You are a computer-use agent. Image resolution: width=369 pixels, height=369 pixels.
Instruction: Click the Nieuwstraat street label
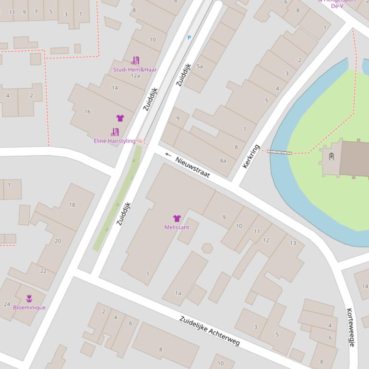192,167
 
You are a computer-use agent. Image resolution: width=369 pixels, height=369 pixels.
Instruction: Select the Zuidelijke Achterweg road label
210,331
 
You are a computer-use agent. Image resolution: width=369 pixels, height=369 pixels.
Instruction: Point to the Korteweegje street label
350,327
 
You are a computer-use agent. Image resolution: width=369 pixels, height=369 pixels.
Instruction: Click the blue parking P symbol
189,37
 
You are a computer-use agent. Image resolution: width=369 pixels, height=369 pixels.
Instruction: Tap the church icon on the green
331,156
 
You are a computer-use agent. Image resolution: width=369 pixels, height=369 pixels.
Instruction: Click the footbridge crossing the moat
279,152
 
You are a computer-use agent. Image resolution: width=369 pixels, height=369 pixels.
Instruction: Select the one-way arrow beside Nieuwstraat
168,154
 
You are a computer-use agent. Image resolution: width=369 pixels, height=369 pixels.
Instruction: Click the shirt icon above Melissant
177,219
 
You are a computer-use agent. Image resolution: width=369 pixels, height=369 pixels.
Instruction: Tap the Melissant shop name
177,227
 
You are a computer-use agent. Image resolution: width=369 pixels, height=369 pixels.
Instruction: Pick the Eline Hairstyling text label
115,141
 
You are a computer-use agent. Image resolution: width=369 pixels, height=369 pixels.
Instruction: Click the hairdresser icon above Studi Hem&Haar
135,61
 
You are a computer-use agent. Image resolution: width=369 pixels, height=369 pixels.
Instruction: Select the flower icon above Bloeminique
29,299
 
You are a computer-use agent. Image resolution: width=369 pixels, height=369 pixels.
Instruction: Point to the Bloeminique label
29,307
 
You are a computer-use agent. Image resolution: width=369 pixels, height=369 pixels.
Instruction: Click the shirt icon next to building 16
120,118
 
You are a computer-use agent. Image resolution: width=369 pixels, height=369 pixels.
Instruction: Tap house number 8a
223,161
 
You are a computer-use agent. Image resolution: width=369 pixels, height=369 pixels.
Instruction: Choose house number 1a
178,293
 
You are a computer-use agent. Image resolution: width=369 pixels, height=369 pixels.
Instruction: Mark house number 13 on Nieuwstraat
293,243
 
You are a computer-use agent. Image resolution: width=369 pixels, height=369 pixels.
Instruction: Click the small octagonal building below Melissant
207,248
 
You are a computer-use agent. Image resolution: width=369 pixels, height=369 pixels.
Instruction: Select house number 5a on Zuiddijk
200,66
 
